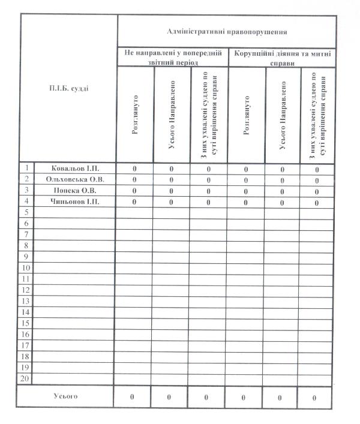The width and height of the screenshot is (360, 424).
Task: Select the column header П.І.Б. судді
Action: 69,89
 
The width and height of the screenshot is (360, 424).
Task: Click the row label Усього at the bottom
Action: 65,396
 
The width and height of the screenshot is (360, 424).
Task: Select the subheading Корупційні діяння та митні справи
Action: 281,58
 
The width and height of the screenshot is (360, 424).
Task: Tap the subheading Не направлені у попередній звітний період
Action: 173,58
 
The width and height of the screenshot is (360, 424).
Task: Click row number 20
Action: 26,379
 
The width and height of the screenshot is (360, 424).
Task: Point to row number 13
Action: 26,301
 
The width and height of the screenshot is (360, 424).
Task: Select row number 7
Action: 26,234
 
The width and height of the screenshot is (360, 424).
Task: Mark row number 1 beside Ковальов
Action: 26,169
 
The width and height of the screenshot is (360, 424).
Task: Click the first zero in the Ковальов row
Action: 134,169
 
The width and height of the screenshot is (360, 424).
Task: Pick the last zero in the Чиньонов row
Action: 317,203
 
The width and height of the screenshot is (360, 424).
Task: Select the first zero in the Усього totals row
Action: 133,397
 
